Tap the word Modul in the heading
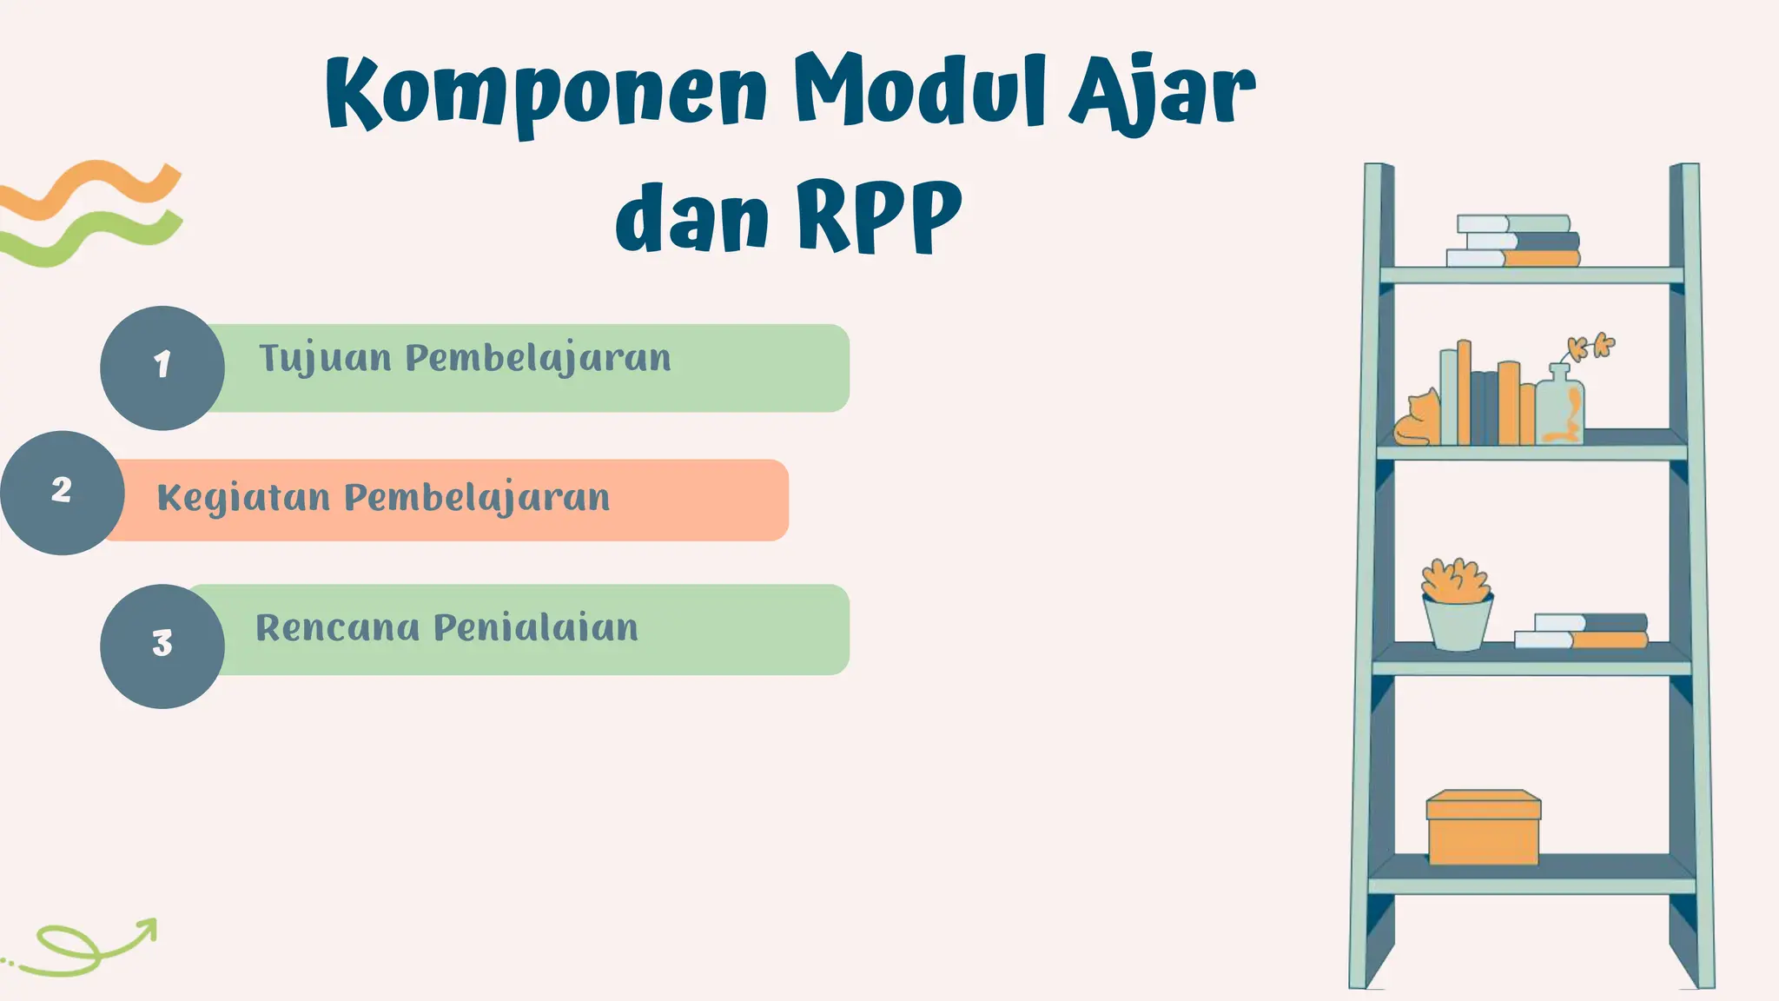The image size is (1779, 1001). pyautogui.click(x=921, y=91)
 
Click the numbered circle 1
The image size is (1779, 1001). pyautogui.click(x=162, y=368)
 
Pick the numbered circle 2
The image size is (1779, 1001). pyautogui.click(x=62, y=493)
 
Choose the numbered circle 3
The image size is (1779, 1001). pyautogui.click(x=162, y=646)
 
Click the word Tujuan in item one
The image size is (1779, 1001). pyautogui.click(x=326, y=359)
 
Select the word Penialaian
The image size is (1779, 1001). pyautogui.click(x=536, y=628)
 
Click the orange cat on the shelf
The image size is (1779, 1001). pyautogui.click(x=1416, y=421)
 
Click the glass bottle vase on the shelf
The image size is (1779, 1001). pyautogui.click(x=1560, y=407)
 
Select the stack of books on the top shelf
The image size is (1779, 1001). pyautogui.click(x=1513, y=241)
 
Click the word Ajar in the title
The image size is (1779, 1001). pyautogui.click(x=1162, y=91)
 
